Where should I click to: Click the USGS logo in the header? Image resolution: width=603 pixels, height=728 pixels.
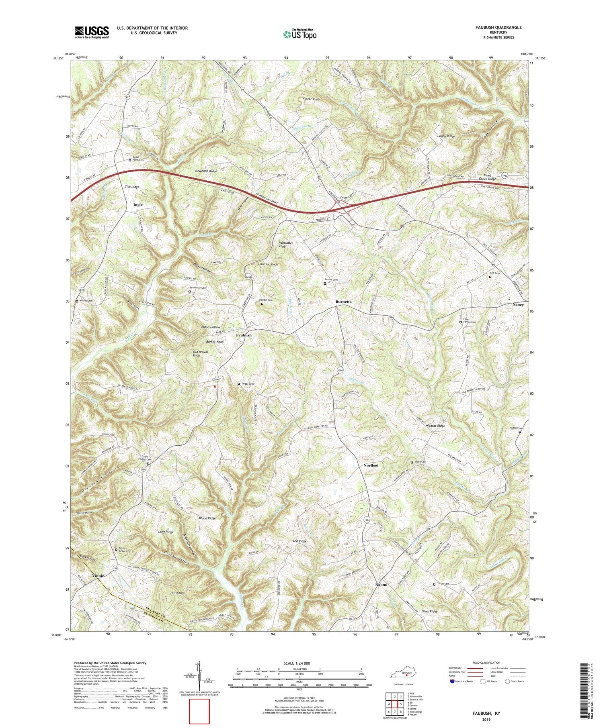(92, 32)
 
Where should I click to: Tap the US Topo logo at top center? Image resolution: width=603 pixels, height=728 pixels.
(299, 35)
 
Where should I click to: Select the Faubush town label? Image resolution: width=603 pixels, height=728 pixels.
(244, 335)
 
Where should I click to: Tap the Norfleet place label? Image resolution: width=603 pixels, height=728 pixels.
(371, 465)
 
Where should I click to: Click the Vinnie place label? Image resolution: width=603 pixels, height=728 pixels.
(98, 576)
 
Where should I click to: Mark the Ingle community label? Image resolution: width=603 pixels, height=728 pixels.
(138, 205)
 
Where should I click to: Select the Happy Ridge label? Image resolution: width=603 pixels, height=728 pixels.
(446, 137)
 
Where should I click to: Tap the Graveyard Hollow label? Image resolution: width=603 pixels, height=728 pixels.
(94, 480)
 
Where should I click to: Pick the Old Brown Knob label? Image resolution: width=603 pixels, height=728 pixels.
(200, 354)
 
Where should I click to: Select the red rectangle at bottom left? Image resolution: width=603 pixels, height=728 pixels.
(199, 711)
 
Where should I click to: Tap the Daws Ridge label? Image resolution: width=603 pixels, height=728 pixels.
(429, 611)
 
